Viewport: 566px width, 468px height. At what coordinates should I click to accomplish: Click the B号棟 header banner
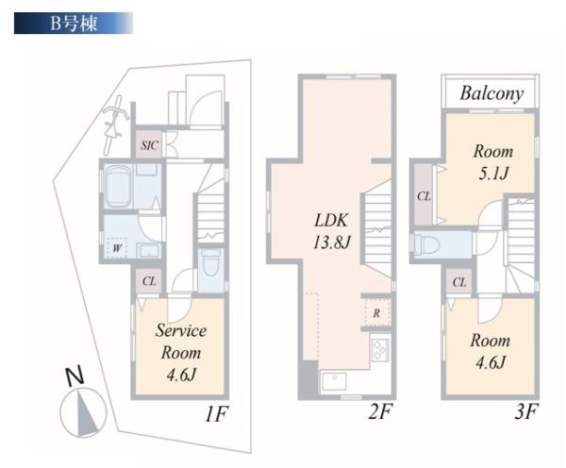tap(74, 24)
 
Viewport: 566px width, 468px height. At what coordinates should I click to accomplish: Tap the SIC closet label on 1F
tap(149, 145)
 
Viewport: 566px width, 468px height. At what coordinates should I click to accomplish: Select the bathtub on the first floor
tap(119, 186)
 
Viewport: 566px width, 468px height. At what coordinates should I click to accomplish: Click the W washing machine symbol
tap(117, 248)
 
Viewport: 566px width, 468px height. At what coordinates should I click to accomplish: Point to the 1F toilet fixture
tap(211, 262)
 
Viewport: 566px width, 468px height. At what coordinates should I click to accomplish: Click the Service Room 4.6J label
tap(181, 353)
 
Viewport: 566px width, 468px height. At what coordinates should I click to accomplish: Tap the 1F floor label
tap(216, 414)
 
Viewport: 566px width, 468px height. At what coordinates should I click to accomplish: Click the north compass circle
tap(83, 412)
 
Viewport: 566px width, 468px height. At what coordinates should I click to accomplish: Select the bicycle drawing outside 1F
tap(114, 124)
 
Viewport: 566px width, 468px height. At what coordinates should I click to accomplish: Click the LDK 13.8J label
tap(332, 231)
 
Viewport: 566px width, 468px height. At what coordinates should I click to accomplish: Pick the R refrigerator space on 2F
tap(376, 312)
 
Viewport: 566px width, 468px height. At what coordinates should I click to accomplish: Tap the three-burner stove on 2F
tap(381, 349)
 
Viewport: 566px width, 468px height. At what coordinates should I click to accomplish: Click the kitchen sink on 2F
tap(335, 382)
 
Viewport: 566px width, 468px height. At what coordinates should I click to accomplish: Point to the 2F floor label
tap(380, 411)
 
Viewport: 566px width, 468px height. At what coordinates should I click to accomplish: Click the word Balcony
tap(491, 93)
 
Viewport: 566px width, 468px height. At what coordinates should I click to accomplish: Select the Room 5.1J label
tap(493, 162)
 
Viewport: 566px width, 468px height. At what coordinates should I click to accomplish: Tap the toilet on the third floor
tap(426, 244)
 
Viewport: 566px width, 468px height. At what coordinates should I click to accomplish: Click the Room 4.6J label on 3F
tap(491, 351)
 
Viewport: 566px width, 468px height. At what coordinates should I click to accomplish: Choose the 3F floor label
tap(526, 412)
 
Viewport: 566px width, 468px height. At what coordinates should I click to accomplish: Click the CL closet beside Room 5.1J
tap(423, 196)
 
